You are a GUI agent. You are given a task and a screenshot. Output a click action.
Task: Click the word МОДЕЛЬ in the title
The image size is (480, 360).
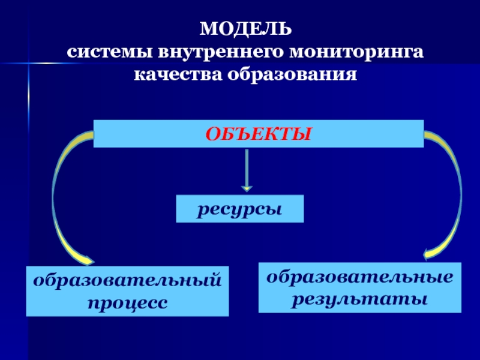246,29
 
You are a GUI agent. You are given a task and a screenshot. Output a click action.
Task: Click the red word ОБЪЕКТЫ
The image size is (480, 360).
259,133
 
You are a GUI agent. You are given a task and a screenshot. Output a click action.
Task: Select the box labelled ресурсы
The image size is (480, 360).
240,209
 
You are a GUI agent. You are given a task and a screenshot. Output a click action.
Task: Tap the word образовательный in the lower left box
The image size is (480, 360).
127,281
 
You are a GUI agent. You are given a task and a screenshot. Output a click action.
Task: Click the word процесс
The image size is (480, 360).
127,301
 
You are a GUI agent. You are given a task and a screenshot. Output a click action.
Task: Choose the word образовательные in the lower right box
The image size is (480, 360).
360,277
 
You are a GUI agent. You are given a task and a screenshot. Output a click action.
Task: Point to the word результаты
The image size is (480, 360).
360,298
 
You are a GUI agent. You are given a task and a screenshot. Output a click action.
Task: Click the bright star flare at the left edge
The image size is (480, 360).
28,63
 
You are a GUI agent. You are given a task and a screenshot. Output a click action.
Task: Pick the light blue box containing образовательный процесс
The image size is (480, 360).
127,292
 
